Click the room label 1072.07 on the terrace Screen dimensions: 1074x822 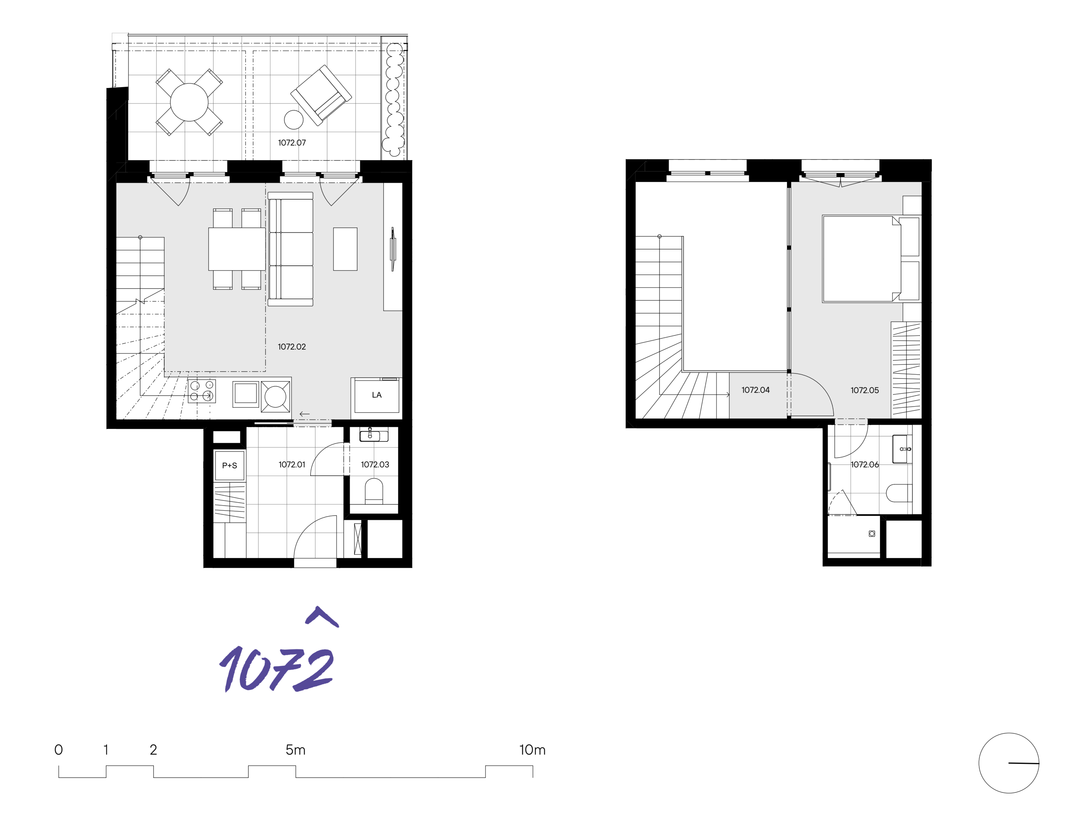tap(292, 143)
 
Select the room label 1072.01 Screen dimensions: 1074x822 tap(292, 464)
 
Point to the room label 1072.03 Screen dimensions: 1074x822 tap(375, 464)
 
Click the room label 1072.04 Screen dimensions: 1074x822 tap(755, 390)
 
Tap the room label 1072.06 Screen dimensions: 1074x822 tap(864, 464)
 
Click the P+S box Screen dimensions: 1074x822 tap(230, 465)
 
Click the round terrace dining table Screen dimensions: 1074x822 tap(189, 102)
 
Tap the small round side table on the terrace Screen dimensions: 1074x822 tap(294, 119)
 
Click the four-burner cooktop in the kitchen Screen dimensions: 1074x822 tap(202, 391)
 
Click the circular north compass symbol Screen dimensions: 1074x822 tap(1009, 763)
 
